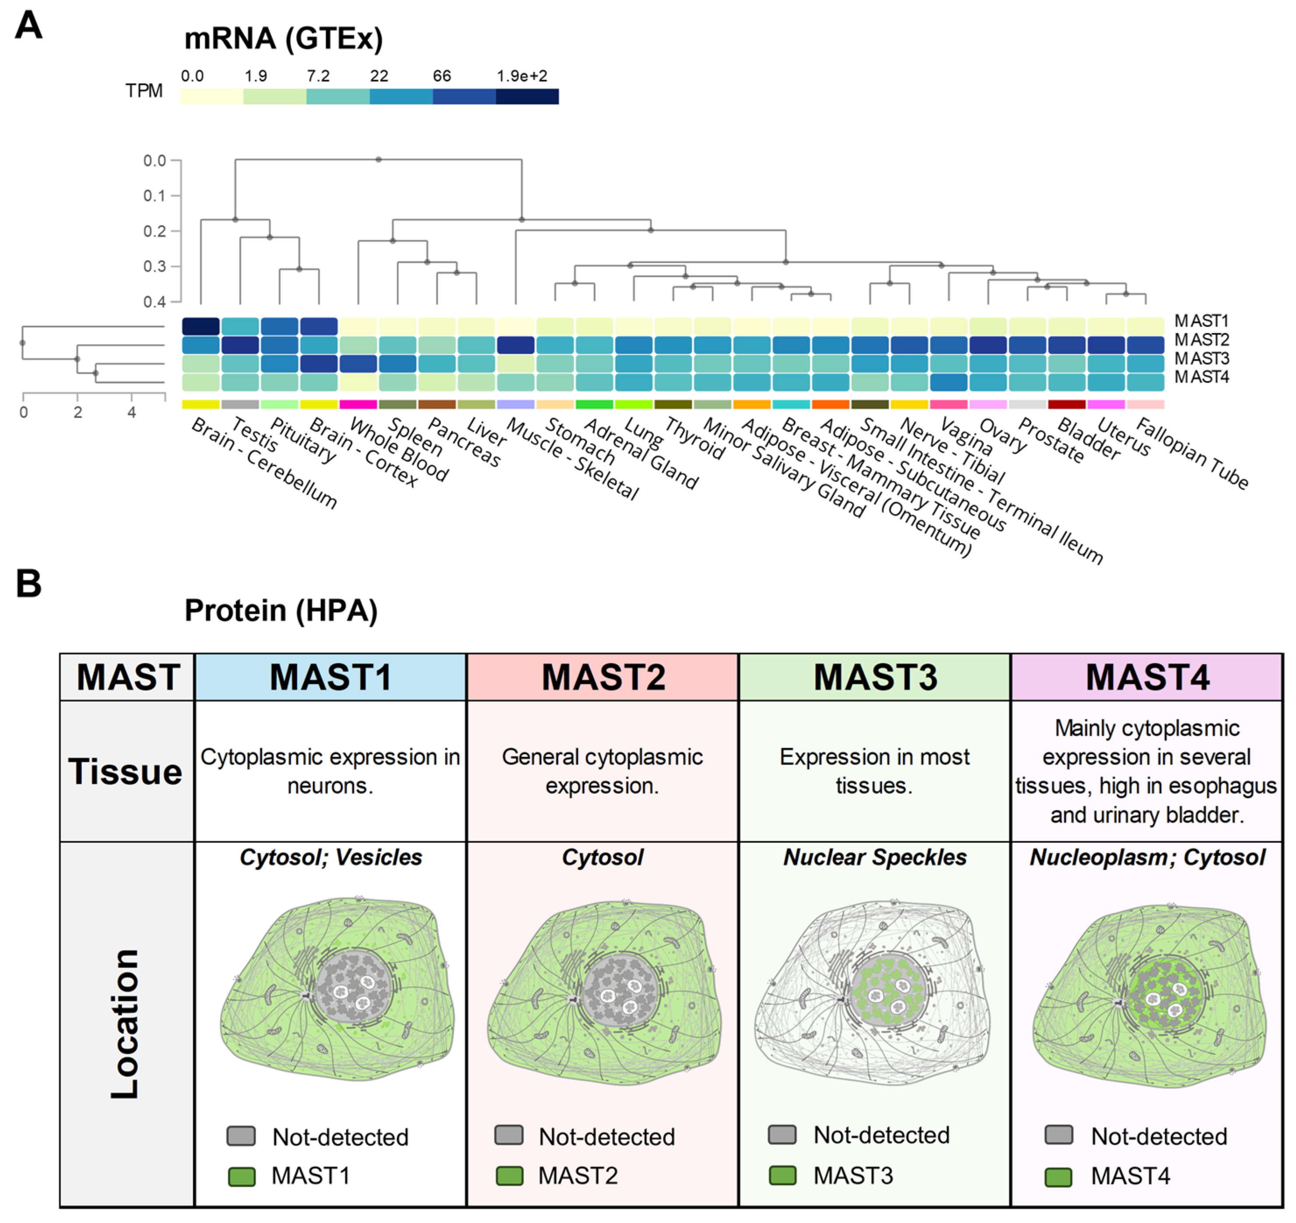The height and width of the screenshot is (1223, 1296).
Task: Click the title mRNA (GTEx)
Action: pos(283,39)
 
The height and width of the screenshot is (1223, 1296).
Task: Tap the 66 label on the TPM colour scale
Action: pos(441,76)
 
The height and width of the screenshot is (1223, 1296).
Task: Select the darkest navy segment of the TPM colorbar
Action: pos(527,96)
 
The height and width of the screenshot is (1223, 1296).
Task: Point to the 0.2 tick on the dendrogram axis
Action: pos(155,232)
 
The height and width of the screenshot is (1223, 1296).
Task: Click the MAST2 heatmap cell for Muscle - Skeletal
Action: pos(516,345)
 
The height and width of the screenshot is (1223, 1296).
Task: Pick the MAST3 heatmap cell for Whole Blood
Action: pos(358,364)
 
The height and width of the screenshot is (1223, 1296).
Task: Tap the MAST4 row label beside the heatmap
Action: pos(1201,377)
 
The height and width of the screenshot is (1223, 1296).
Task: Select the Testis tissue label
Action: pos(255,435)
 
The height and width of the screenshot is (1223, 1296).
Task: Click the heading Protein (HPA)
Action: pos(281,611)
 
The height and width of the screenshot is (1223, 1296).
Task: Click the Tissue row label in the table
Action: pos(125,772)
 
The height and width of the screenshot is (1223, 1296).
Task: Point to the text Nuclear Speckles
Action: pos(874,857)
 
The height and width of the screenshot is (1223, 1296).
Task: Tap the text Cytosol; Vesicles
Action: pos(331,857)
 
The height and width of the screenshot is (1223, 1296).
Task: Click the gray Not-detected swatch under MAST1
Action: pos(241,1136)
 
